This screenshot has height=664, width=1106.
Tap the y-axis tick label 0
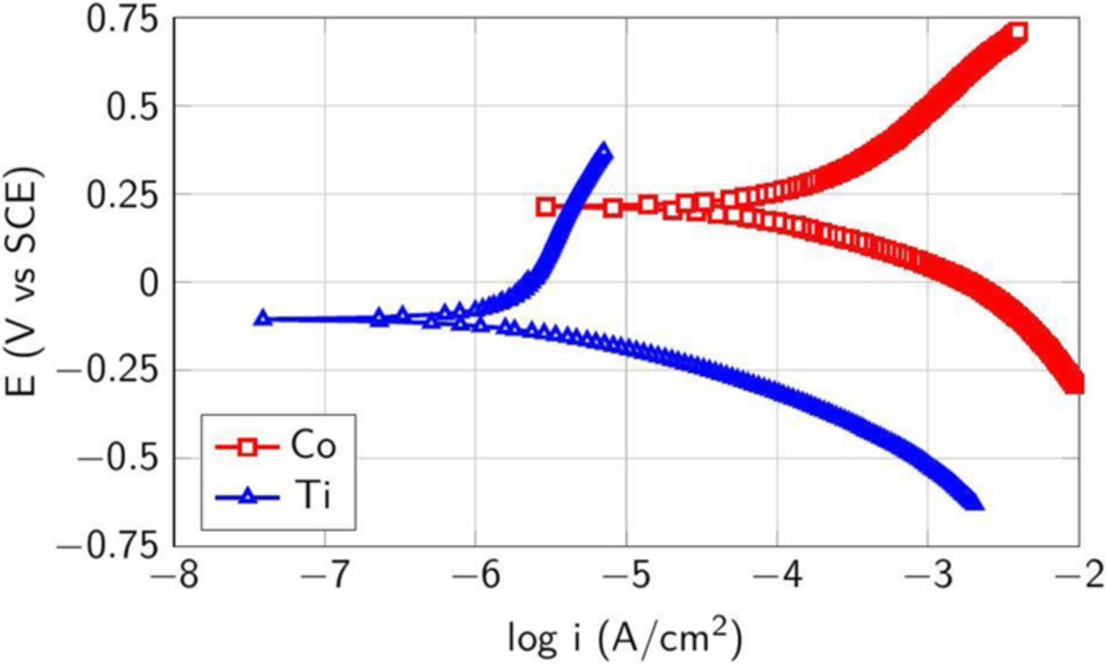152,284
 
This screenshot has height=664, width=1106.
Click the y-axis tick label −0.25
109,372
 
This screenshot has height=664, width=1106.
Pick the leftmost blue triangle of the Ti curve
264,317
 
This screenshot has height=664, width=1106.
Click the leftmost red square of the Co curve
545,207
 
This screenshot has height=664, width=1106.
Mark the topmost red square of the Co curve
1018,32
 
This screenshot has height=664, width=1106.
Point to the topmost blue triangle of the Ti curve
603,151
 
